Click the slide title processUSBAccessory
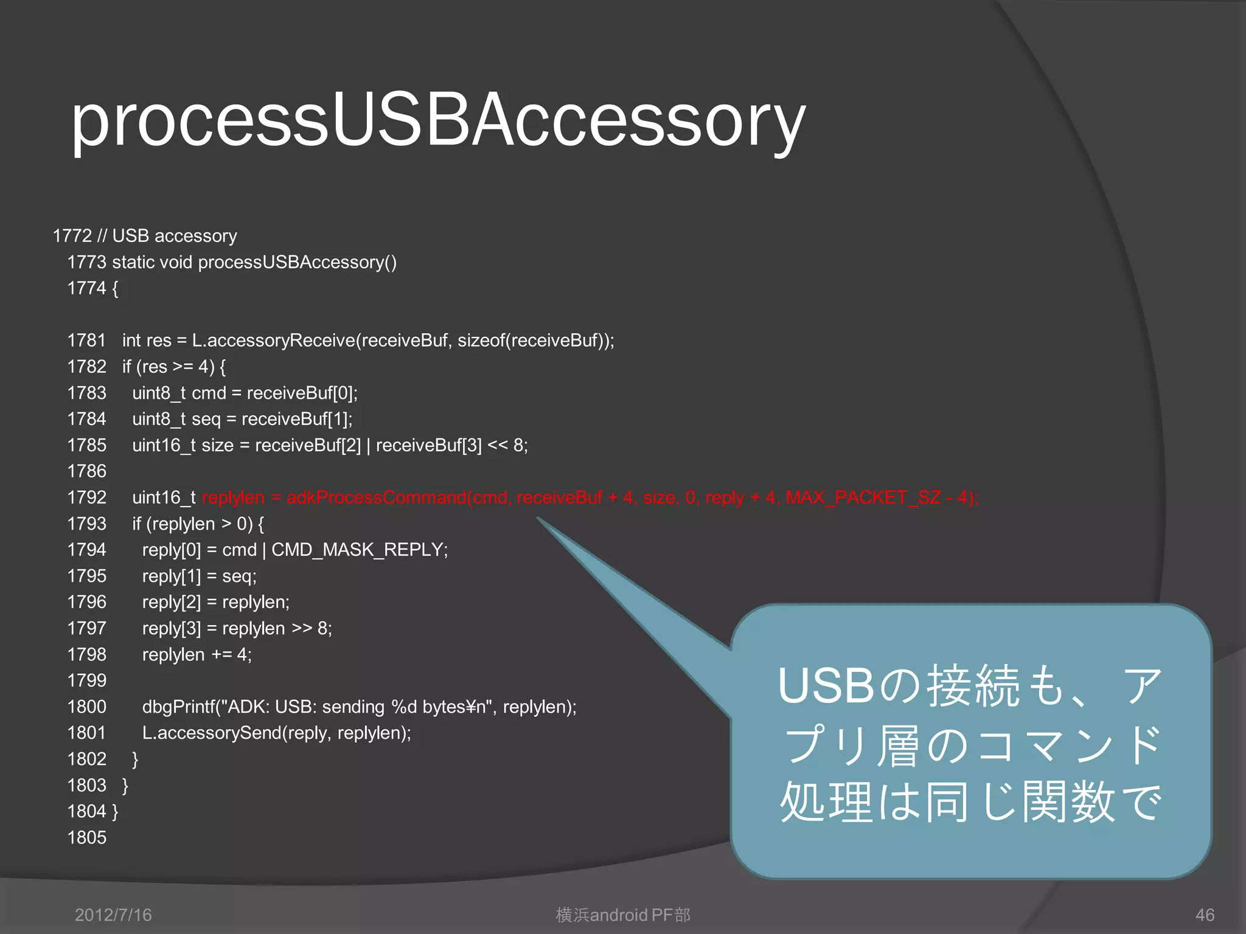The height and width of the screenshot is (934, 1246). pyautogui.click(x=438, y=120)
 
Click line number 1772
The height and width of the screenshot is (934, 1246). pyautogui.click(x=72, y=236)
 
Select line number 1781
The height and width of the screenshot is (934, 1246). pyautogui.click(x=86, y=341)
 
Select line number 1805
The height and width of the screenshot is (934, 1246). pyautogui.click(x=86, y=838)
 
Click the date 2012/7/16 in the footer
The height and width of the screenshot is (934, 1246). pyautogui.click(x=113, y=915)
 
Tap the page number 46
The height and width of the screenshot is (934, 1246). pyautogui.click(x=1205, y=915)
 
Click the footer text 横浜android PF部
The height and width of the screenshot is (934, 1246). pyautogui.click(x=623, y=915)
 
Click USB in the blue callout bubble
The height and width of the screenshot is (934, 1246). pyautogui.click(x=826, y=686)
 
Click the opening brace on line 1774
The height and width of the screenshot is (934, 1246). pyautogui.click(x=115, y=288)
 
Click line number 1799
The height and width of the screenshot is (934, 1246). pyautogui.click(x=86, y=681)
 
